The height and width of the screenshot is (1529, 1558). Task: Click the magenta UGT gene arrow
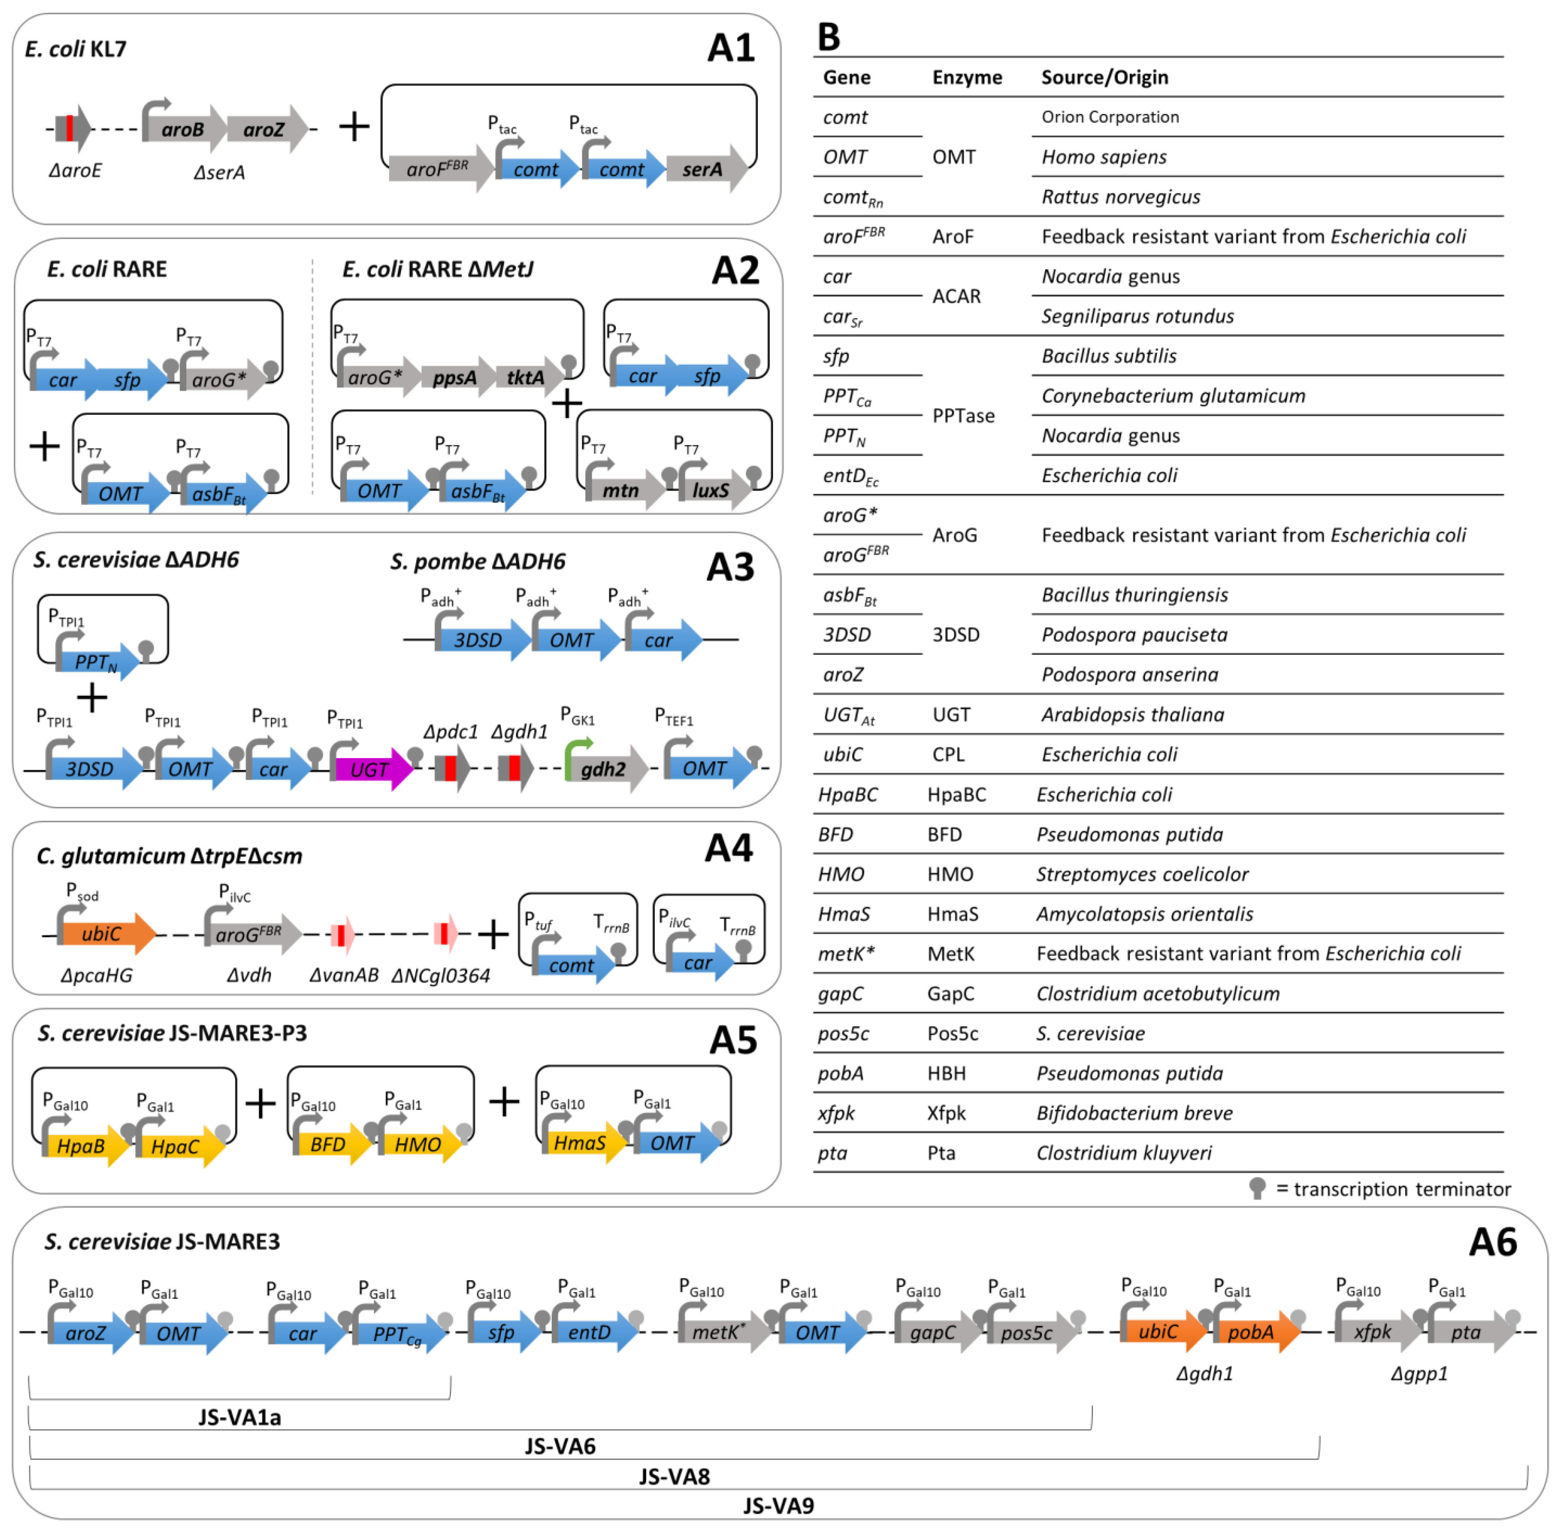(372, 769)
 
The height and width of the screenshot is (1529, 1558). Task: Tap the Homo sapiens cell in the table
(1104, 157)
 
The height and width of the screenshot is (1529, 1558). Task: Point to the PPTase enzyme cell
(963, 416)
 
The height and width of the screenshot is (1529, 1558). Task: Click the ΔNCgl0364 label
(441, 976)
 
